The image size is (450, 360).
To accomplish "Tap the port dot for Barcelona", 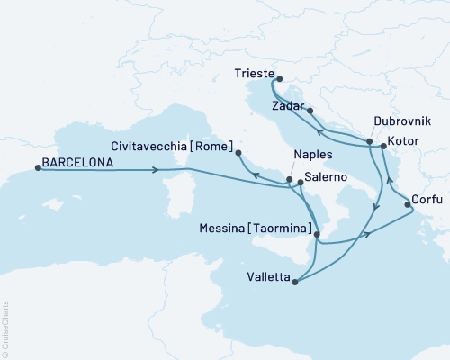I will click(x=37, y=167).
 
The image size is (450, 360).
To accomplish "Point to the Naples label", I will click(x=310, y=154).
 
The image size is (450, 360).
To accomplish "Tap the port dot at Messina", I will click(x=317, y=234).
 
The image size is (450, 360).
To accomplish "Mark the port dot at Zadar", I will click(x=310, y=111).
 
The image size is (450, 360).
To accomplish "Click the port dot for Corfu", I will click(x=409, y=205).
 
